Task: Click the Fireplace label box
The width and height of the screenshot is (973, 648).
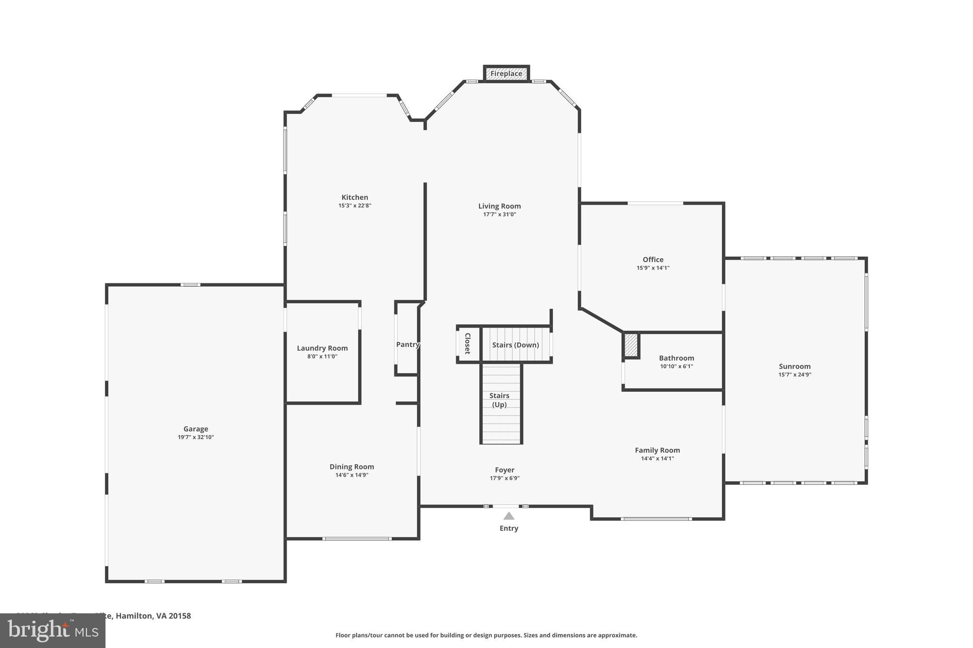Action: click(x=506, y=74)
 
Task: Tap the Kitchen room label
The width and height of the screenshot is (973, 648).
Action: click(x=354, y=197)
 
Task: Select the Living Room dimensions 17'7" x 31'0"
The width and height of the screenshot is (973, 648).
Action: click(x=499, y=215)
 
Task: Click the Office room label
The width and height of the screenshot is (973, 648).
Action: click(x=653, y=260)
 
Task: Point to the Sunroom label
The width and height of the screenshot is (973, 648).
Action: click(x=794, y=366)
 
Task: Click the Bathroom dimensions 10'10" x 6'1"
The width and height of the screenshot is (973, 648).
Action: click(x=676, y=366)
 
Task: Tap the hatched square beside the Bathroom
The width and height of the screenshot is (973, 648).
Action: click(x=631, y=345)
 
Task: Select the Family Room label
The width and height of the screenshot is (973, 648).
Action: click(x=657, y=450)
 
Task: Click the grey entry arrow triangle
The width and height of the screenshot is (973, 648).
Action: click(x=509, y=516)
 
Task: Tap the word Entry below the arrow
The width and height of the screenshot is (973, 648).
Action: click(x=509, y=528)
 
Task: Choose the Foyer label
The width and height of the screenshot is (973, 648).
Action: click(x=505, y=470)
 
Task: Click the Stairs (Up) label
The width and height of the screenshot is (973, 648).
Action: click(x=499, y=400)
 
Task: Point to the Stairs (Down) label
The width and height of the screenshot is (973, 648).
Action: click(x=515, y=345)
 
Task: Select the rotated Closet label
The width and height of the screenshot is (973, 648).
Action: click(x=467, y=343)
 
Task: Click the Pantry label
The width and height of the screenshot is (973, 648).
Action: click(x=408, y=345)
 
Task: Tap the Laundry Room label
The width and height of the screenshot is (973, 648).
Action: click(x=322, y=348)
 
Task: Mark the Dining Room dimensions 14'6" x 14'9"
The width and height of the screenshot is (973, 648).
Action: click(x=352, y=475)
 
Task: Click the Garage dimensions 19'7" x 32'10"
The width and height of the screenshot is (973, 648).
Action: click(x=196, y=437)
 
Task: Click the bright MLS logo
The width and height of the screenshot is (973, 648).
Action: click(x=52, y=631)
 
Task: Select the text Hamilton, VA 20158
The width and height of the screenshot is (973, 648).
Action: click(x=153, y=616)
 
